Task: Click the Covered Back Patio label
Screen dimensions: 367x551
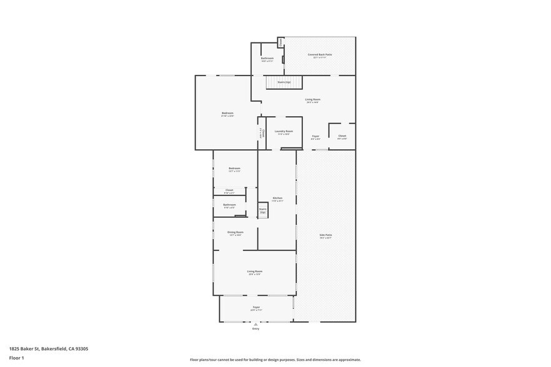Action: pos(319,55)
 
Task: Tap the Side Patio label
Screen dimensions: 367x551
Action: pos(325,235)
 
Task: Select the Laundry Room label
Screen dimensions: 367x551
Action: pos(284,131)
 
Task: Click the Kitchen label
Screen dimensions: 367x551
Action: pos(277,198)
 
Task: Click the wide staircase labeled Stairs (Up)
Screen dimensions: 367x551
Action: pos(284,82)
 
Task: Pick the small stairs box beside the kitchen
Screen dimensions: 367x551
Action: pos(263,210)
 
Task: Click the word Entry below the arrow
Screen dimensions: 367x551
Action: pos(256,328)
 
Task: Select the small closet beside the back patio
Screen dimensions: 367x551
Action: pos(280,42)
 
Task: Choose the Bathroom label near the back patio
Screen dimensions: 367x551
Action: pos(267,58)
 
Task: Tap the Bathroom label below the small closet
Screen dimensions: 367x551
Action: pos(229,205)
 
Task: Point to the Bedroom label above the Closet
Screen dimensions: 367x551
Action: pos(234,169)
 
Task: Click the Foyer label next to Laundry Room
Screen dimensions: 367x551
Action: pos(315,136)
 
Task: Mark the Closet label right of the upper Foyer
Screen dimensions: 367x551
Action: pos(342,136)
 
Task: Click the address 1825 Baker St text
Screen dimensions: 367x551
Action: pos(49,349)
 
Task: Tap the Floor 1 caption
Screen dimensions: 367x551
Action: pos(16,358)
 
